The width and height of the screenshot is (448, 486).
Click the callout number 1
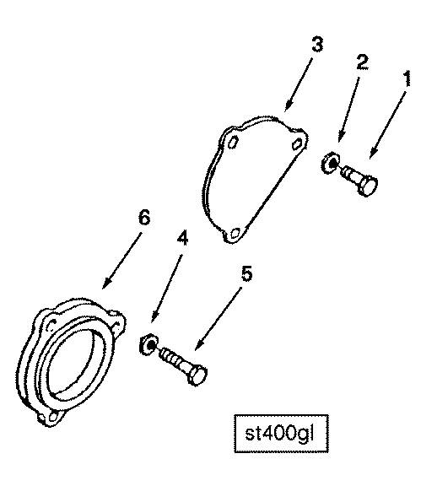point(408,78)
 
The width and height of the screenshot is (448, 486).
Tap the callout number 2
point(362,62)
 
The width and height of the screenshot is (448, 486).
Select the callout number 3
point(317,44)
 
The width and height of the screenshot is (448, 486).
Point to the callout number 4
point(182,238)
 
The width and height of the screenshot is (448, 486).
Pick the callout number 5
point(246,273)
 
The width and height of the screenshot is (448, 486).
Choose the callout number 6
point(144,218)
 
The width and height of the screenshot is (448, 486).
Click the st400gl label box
point(281,434)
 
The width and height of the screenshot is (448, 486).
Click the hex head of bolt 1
point(368,185)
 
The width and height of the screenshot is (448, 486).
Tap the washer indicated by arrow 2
point(330,162)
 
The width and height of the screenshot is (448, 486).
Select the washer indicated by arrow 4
point(148,344)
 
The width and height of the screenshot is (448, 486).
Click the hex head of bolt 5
point(197,375)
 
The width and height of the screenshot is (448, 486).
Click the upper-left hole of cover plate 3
point(234,143)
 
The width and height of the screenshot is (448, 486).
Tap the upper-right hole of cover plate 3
point(297,143)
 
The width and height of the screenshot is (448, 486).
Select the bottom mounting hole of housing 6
point(53,416)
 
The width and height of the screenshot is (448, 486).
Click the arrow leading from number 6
point(121,261)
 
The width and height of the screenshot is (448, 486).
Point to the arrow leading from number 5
point(219,319)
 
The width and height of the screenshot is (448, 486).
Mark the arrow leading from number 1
point(388,125)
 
